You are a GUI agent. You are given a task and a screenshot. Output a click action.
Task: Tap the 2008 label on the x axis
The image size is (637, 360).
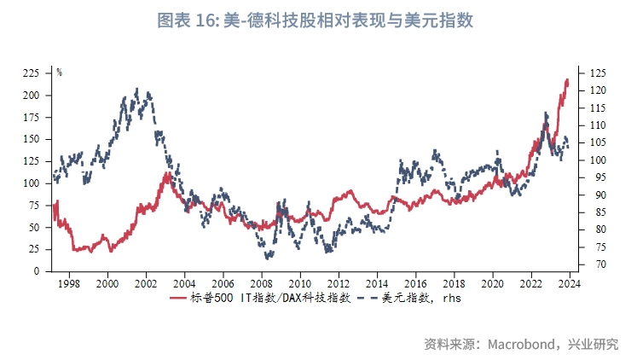[261, 283]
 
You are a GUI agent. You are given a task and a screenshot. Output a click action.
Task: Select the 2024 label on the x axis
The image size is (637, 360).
[569, 283]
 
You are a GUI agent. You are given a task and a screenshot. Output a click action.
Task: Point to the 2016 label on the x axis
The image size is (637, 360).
[415, 283]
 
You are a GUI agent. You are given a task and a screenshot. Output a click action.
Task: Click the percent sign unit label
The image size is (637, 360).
[60, 73]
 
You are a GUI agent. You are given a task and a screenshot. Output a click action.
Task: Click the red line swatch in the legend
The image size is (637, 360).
[178, 298]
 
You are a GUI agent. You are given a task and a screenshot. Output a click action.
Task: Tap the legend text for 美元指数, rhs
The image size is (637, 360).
[421, 298]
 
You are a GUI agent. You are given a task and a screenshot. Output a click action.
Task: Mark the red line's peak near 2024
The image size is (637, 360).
[567, 80]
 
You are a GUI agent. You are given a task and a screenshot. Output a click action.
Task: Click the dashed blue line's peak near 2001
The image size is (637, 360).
[137, 88]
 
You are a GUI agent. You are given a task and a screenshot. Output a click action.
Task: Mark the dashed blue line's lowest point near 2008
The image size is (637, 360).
[268, 257]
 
